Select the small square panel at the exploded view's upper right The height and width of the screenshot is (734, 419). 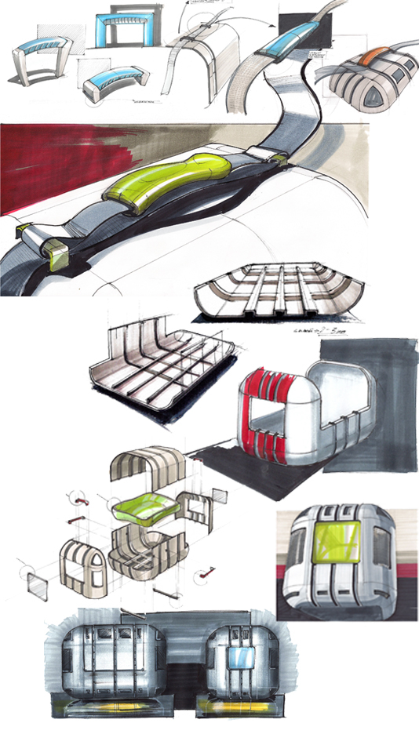219,495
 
